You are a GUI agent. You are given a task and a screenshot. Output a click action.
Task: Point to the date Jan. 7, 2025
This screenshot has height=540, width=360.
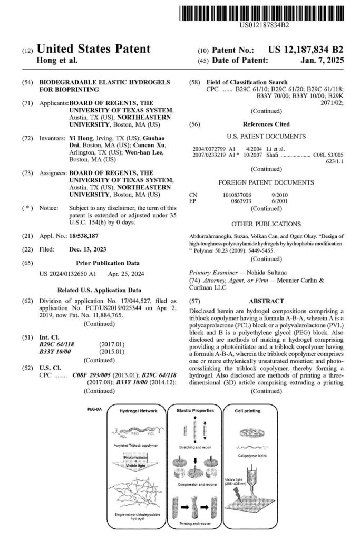(324, 61)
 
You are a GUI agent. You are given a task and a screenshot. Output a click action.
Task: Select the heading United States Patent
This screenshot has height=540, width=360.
(94, 50)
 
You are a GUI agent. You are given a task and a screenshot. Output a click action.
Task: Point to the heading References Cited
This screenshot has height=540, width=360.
(266, 124)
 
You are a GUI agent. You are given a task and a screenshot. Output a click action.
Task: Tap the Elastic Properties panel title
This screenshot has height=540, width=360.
(193, 410)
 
